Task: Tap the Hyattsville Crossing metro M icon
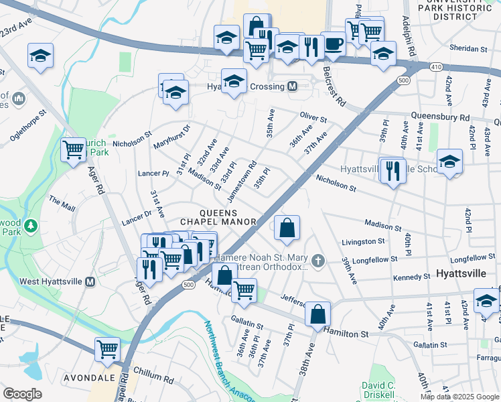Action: tap(292, 86)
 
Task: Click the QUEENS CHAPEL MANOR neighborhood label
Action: tap(219, 216)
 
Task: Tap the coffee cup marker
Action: tap(333, 44)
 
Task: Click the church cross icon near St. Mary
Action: tap(317, 261)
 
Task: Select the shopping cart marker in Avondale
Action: tap(107, 348)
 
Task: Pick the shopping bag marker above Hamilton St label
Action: tap(317, 314)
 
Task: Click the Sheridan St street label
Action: tap(469, 49)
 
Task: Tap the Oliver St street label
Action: tap(313, 119)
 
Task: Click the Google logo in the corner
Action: tap(22, 394)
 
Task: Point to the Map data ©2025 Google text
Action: tap(459, 397)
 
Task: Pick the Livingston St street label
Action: tap(364, 241)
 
